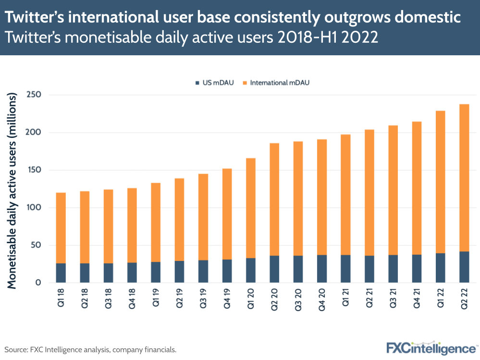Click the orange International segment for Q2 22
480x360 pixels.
464,178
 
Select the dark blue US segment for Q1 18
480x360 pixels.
61,273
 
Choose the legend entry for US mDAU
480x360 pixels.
214,83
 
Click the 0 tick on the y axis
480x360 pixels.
37,283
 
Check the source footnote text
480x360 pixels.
91,349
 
